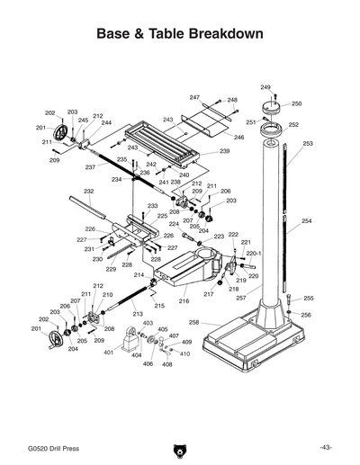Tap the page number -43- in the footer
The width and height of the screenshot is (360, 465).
pyautogui.click(x=325, y=447)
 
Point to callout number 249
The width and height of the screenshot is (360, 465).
pyautogui.click(x=265, y=86)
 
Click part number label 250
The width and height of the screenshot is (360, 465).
pyautogui.click(x=296, y=103)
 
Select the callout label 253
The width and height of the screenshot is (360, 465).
pyautogui.click(x=308, y=143)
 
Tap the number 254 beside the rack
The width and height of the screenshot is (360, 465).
pyautogui.click(x=307, y=220)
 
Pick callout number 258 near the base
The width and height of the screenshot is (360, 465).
pyautogui.click(x=193, y=322)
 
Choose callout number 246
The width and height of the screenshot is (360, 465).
pyautogui.click(x=239, y=137)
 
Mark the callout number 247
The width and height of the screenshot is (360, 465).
pyautogui.click(x=194, y=96)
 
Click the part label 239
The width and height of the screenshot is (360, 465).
pyautogui.click(x=225, y=151)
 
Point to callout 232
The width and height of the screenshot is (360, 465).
pyautogui.click(x=89, y=191)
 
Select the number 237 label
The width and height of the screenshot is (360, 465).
pyautogui.click(x=90, y=167)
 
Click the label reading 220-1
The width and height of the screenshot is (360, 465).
pyautogui.click(x=254, y=254)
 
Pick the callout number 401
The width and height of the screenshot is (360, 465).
pyautogui.click(x=108, y=353)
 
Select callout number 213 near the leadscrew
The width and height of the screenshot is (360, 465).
pyautogui.click(x=137, y=313)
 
